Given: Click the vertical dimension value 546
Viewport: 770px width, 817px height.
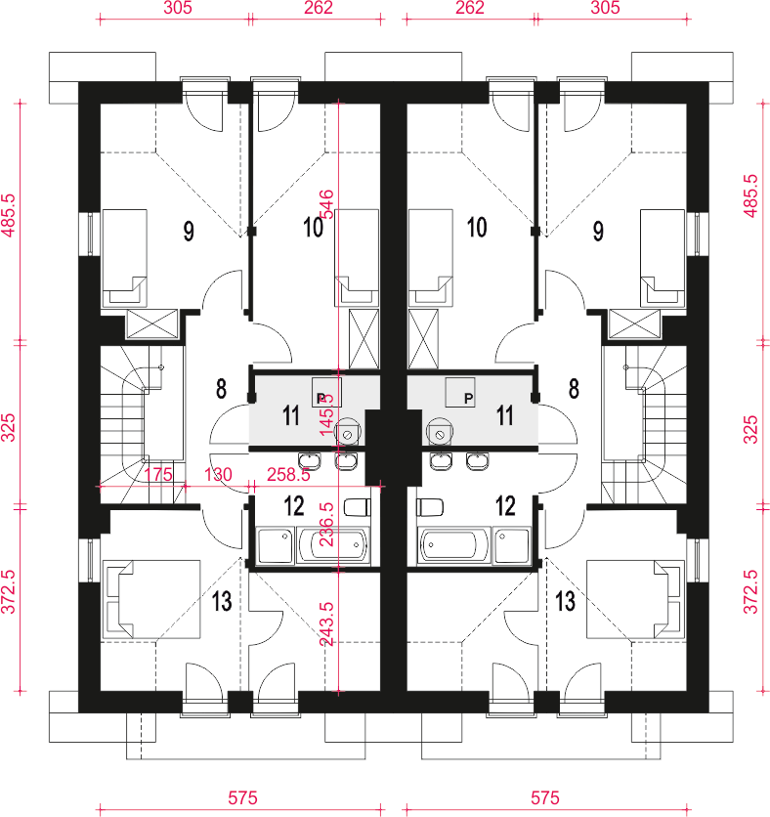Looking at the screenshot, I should (x=327, y=205).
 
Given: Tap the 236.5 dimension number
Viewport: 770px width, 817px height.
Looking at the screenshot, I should (x=327, y=527).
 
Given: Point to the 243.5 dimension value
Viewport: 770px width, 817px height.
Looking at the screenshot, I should (x=327, y=622).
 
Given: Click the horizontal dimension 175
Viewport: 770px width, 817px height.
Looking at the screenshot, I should (x=157, y=474).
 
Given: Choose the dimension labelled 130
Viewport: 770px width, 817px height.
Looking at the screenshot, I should (x=219, y=474).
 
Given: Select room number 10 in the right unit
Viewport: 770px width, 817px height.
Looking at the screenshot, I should (x=476, y=229).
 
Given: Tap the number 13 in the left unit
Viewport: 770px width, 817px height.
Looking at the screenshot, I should (x=222, y=601).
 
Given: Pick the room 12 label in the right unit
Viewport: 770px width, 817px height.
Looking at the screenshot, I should (x=505, y=505).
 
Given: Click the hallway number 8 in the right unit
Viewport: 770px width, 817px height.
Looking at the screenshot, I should (x=573, y=389).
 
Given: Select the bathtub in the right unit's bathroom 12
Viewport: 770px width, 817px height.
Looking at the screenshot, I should (x=453, y=544).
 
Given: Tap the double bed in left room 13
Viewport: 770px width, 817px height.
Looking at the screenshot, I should (x=150, y=599).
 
